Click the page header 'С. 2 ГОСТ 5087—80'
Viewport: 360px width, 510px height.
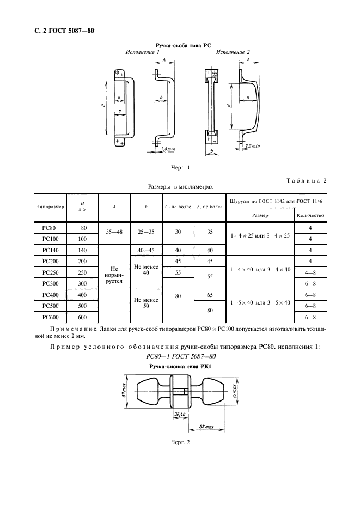point(61,31)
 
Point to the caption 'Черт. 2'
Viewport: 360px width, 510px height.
point(180,441)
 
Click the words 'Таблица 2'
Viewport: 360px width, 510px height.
point(306,180)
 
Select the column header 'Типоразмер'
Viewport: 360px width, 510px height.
point(50,208)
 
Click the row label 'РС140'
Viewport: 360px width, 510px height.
point(50,250)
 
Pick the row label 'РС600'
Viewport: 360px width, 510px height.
point(50,317)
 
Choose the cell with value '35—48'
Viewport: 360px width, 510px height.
point(113,232)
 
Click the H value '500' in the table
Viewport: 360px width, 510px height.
point(83,306)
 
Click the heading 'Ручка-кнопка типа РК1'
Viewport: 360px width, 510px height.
point(180,367)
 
